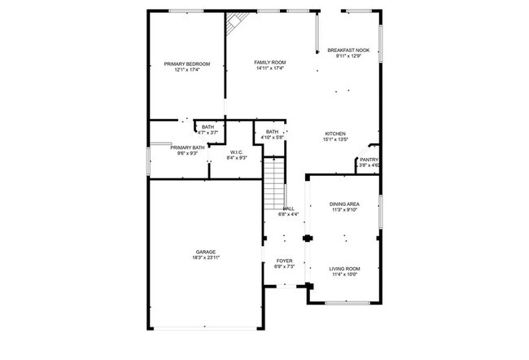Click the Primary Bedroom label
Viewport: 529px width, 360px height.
[x=187, y=64]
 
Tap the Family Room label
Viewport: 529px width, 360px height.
[x=269, y=63]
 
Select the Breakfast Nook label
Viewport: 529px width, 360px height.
[x=352, y=50]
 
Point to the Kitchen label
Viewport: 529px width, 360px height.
[x=336, y=134]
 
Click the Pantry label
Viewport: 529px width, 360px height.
[x=369, y=160]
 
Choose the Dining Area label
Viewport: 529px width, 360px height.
[x=344, y=204]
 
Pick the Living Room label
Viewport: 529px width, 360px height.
[x=344, y=269]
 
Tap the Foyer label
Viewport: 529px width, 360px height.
[x=284, y=261]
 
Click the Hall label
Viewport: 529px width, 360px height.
[x=288, y=209]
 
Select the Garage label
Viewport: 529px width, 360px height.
[x=205, y=252]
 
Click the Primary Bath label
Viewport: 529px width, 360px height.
[x=187, y=147]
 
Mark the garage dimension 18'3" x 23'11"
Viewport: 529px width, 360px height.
[x=206, y=257]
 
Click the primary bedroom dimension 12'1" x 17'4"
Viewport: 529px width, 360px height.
[x=187, y=69]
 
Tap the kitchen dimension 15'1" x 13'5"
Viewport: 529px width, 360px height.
[x=337, y=139]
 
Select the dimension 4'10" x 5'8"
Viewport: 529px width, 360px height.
[x=272, y=138]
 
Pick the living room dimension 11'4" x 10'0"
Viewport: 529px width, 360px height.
[x=344, y=274]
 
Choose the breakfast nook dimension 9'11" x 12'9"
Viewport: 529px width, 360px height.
[x=352, y=56]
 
